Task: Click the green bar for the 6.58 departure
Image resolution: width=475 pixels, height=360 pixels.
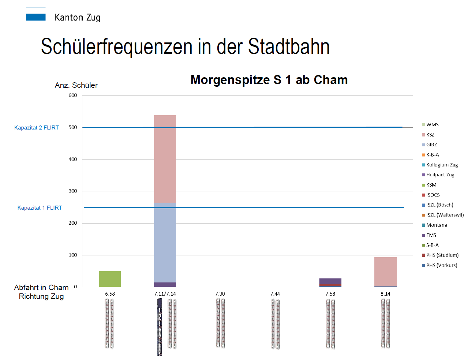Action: [110, 279]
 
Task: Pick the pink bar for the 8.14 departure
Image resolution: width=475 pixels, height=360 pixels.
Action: [385, 272]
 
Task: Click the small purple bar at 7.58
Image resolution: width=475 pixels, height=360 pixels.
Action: [330, 281]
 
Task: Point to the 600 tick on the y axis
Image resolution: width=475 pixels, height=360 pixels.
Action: [73, 95]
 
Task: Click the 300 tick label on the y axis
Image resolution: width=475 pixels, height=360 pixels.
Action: [73, 191]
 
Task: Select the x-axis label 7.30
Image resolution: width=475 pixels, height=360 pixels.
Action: [220, 294]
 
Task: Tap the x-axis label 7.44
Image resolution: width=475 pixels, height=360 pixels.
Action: [275, 294]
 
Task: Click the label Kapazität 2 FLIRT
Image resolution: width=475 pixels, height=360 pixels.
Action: [37, 128]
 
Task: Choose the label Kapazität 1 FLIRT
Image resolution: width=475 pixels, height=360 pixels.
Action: [40, 208]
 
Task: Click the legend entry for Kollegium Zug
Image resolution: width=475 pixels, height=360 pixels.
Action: [442, 165]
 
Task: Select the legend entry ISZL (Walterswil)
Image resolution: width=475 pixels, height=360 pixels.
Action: [445, 215]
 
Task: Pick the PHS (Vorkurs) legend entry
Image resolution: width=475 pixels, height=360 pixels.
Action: [441, 265]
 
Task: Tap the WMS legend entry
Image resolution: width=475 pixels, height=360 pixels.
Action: [432, 125]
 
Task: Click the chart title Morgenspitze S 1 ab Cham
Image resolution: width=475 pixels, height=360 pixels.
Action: [269, 80]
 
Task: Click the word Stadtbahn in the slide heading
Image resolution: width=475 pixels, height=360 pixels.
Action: [289, 47]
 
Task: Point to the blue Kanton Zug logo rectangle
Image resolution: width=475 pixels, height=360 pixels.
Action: [36, 17]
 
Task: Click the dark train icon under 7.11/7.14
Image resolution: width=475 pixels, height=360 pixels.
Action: [160, 327]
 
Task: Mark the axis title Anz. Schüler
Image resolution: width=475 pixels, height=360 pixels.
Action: [76, 85]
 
